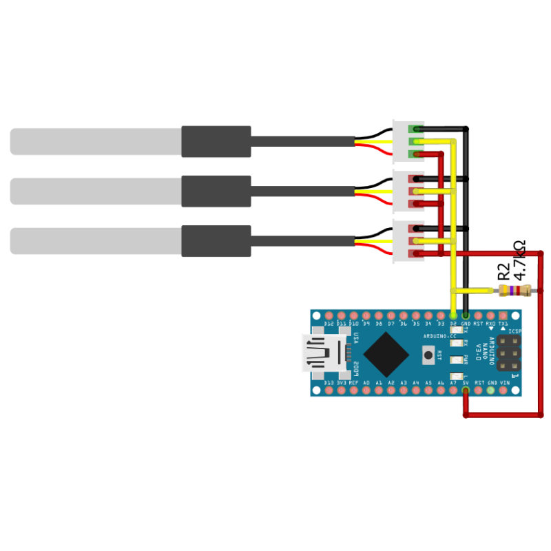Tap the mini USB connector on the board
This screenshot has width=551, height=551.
coord(318,353)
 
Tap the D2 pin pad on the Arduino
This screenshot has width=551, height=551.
coord(453,315)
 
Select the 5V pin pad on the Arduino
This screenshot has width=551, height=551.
coord(466,391)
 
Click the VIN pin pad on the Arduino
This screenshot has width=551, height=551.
coord(503,391)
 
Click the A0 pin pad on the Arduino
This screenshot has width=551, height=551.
coord(366,391)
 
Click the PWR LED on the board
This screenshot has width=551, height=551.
coord(455,360)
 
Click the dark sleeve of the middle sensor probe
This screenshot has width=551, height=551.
coord(216,191)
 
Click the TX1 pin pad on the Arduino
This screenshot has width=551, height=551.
coord(503,315)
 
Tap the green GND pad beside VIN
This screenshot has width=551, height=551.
coord(490,391)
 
